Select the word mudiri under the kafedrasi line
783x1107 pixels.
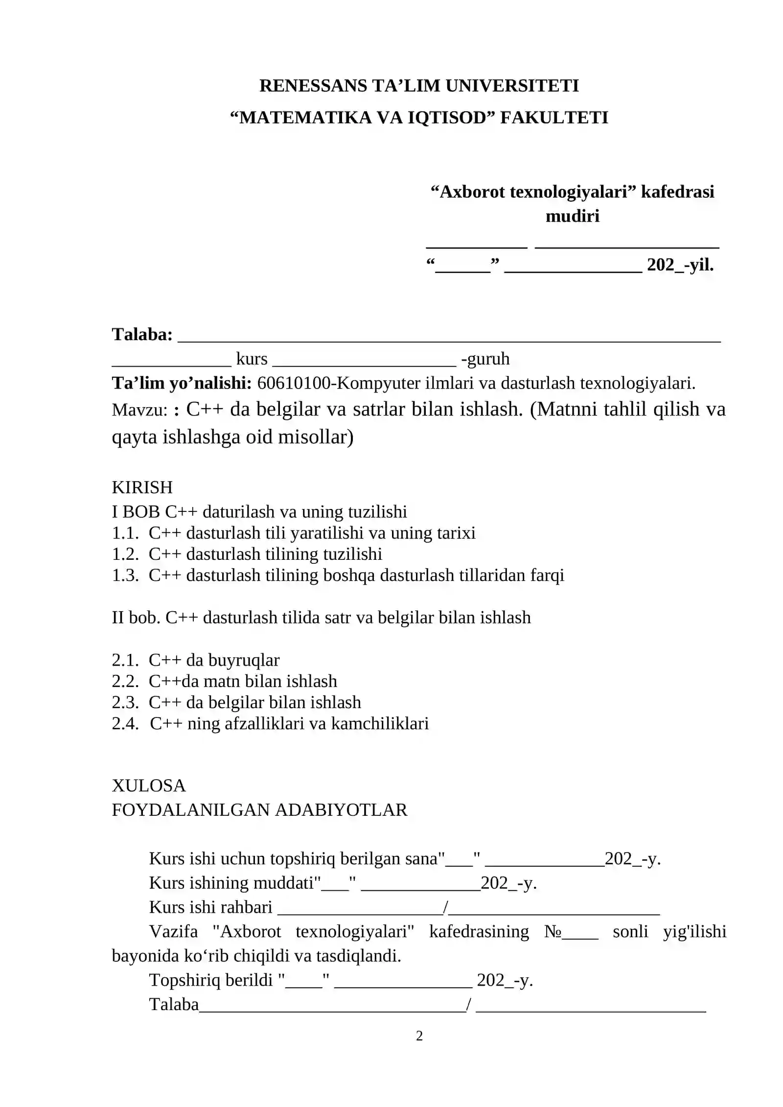coord(572,216)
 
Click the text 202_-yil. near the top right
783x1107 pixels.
coord(680,265)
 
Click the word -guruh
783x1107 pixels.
coord(485,359)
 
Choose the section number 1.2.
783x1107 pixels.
coord(125,554)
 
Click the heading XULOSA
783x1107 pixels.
coord(149,785)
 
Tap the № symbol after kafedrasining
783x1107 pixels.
coord(553,931)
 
